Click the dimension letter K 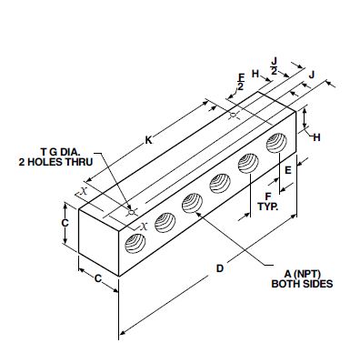point(148,140)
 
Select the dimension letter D point(220,268)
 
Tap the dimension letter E point(288,170)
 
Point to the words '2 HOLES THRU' point(55,162)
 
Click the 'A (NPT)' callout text point(303,274)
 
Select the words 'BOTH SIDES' point(302,284)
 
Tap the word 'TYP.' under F point(268,207)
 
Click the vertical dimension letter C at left point(65,223)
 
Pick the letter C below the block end point(98,278)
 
